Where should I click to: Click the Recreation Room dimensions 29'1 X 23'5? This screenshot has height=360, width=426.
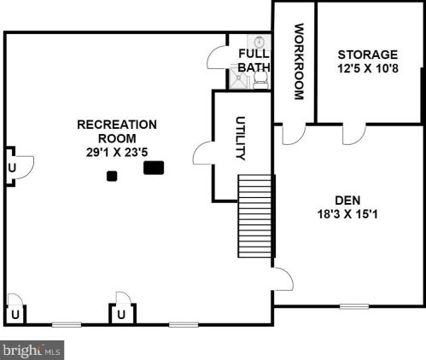(117, 153)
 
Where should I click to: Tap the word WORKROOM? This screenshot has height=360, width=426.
(299, 61)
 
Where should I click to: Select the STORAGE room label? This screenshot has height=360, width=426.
(368, 55)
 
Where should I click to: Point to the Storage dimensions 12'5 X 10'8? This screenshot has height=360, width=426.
(368, 68)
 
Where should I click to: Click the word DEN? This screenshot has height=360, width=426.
(347, 200)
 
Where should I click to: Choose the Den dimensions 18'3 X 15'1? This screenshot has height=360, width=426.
(347, 214)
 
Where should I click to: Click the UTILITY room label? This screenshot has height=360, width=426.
(241, 138)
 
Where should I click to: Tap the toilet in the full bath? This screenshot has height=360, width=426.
(260, 79)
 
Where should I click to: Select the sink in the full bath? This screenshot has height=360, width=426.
(259, 43)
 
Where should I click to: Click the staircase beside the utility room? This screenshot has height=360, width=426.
(254, 216)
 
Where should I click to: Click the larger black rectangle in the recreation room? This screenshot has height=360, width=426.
(154, 167)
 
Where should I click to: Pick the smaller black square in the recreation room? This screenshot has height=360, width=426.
(112, 176)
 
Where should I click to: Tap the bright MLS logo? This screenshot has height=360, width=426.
(32, 350)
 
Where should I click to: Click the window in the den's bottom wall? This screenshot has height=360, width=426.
(354, 306)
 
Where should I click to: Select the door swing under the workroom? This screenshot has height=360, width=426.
(294, 135)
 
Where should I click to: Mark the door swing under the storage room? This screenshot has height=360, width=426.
(354, 135)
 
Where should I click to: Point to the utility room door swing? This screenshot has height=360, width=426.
(203, 153)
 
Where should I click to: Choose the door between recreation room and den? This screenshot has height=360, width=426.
(283, 279)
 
